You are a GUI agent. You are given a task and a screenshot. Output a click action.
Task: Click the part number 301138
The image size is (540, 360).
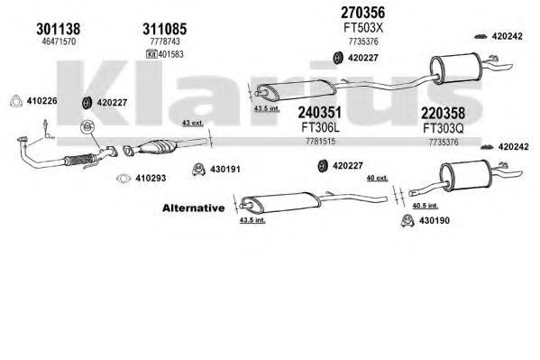pyautogui.click(x=59, y=29)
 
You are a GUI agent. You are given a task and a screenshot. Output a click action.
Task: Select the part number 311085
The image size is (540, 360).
pyautogui.click(x=165, y=29)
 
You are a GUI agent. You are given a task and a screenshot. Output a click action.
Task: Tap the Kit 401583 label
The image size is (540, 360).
pyautogui.click(x=165, y=54)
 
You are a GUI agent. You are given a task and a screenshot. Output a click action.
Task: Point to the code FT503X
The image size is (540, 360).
pyautogui.click(x=363, y=28)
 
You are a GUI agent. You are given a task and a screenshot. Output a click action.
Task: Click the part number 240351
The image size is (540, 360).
pyautogui.click(x=320, y=113)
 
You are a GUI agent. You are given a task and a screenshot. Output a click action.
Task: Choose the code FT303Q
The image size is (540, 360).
pyautogui.click(x=444, y=129)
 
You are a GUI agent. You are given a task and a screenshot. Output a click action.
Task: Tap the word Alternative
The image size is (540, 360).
pyautogui.click(x=194, y=208)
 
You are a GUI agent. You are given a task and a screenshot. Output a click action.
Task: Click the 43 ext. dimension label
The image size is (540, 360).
pyautogui.click(x=193, y=123)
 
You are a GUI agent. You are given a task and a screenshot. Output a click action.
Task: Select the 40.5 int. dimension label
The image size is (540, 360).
pyautogui.click(x=426, y=206)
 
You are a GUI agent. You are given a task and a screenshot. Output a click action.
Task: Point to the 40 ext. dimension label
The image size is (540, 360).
pyautogui.click(x=377, y=178)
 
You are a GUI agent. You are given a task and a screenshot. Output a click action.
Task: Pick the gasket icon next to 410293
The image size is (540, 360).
pyautogui.click(x=124, y=179)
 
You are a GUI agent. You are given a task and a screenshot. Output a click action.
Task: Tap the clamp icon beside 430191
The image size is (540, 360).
pyautogui.click(x=198, y=170)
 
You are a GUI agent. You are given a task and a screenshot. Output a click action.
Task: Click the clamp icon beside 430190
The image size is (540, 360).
pyautogui.click(x=407, y=221)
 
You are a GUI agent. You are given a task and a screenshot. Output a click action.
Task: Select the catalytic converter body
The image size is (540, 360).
pyautogui.click(x=158, y=147)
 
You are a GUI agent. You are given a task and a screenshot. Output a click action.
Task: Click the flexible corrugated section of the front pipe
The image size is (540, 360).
pyautogui.click(x=79, y=160)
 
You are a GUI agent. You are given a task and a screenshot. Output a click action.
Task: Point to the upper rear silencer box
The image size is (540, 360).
pyautogui.click(x=455, y=69)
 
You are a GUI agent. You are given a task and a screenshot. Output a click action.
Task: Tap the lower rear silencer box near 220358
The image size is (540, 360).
pyautogui.click(x=465, y=176)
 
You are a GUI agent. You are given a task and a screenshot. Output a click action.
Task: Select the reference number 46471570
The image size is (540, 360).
pyautogui.click(x=59, y=42)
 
